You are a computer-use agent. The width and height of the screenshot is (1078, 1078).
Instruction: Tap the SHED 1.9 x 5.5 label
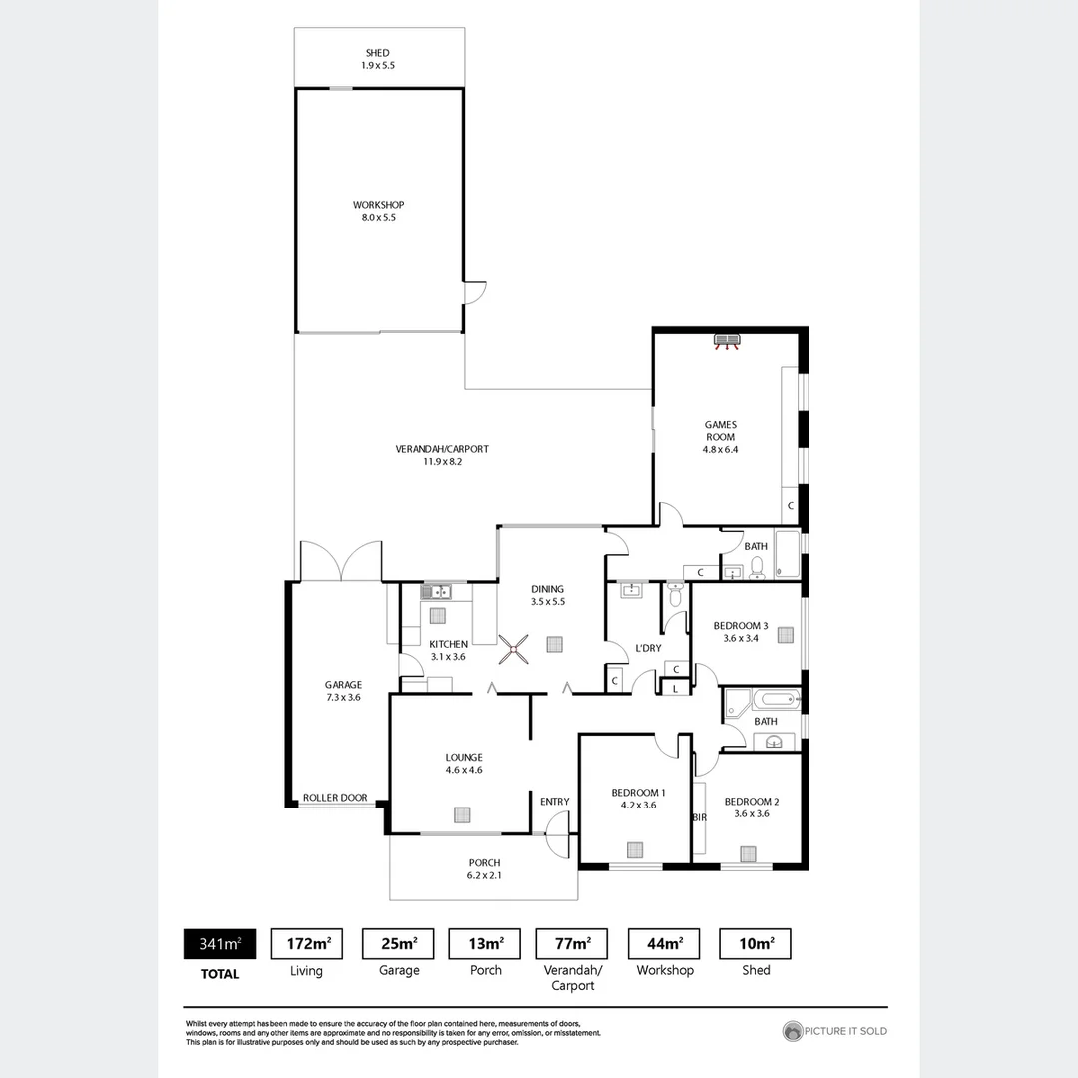click(x=376, y=59)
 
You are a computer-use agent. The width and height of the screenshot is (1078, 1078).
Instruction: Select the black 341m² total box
click(x=219, y=943)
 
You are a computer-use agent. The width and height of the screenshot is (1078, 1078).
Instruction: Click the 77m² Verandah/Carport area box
click(x=572, y=943)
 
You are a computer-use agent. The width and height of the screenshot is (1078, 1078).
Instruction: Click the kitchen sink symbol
click(x=438, y=592)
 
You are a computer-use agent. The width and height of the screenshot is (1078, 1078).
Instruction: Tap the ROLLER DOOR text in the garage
click(x=335, y=798)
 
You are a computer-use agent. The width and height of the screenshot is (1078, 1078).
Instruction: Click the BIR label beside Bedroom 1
click(x=699, y=817)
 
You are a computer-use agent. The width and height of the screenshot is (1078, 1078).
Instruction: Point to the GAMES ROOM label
click(x=719, y=431)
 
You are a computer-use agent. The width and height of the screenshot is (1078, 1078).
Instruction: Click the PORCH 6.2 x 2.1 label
click(x=484, y=869)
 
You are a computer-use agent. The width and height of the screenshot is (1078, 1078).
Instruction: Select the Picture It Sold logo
click(x=834, y=1031)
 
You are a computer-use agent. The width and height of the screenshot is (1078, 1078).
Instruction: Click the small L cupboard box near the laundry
click(x=676, y=688)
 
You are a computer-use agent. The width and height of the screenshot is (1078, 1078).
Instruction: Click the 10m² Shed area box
click(x=755, y=943)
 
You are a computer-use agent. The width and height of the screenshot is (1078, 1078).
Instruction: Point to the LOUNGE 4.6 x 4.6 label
click(x=464, y=763)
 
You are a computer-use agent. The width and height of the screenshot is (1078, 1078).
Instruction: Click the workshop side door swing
click(x=476, y=291)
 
